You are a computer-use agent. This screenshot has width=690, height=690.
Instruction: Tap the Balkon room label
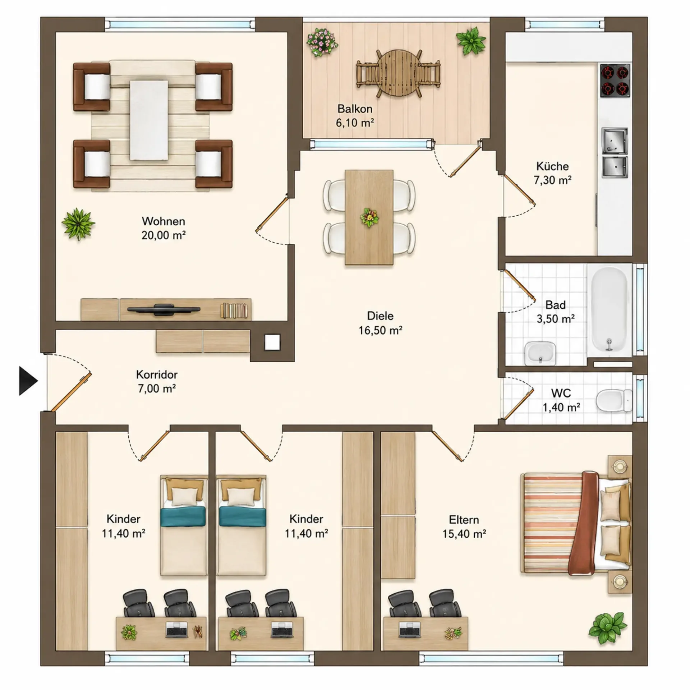[355, 109]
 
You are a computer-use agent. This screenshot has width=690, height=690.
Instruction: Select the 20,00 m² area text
[164, 235]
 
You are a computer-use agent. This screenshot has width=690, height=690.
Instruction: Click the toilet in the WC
[614, 401]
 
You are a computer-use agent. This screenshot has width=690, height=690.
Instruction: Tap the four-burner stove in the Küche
[615, 80]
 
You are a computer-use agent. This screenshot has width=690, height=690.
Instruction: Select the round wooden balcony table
[398, 73]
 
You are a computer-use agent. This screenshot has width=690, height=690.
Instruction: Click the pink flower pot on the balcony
[322, 42]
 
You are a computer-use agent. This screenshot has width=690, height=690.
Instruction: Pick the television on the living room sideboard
[164, 309]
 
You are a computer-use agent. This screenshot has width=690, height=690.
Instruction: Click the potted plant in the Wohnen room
[78, 224]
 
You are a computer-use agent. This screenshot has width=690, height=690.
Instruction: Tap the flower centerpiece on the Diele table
[369, 217]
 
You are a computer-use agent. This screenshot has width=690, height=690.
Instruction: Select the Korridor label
[157, 374]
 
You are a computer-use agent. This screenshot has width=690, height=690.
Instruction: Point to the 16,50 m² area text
[380, 330]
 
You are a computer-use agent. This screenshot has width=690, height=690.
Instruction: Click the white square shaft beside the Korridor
[272, 342]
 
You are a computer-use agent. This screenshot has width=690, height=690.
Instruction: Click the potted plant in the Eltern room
[608, 628]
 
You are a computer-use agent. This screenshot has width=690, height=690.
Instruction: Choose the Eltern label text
[464, 520]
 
